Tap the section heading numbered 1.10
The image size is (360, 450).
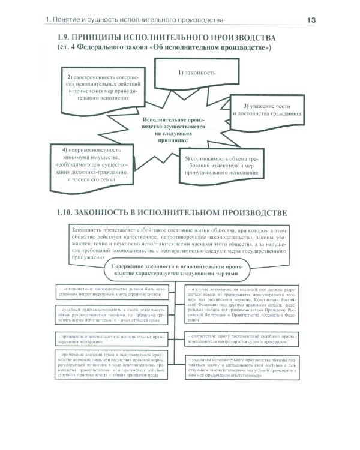[x=170, y=213]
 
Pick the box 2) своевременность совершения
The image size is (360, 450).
[x=103, y=87]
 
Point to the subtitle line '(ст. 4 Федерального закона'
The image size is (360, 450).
[x=162, y=48]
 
